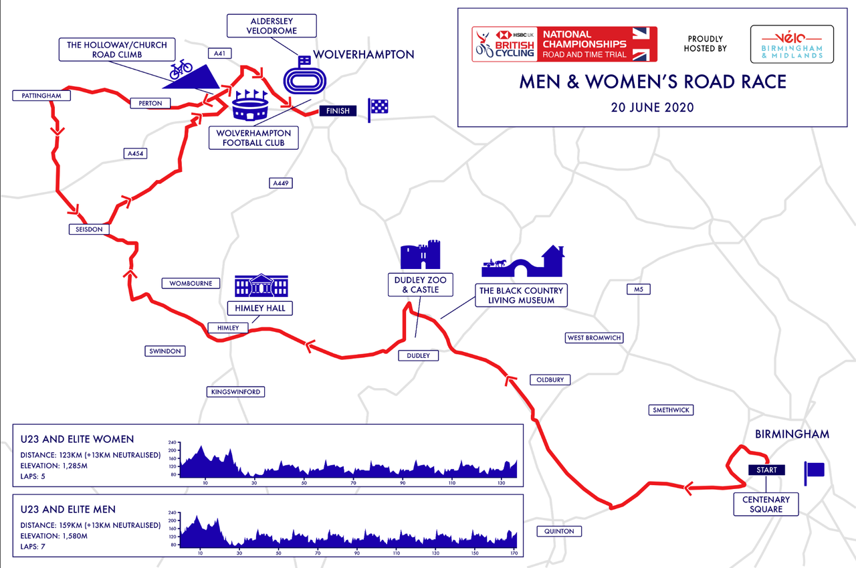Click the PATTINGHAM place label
click(x=41, y=96)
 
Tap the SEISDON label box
click(x=88, y=229)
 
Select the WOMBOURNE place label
click(x=191, y=283)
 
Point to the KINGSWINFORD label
click(x=235, y=391)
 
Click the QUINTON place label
click(x=559, y=531)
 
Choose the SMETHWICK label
click(x=671, y=410)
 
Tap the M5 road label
click(x=638, y=290)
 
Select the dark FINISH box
click(x=338, y=111)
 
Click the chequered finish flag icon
click(x=378, y=109)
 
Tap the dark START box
click(x=766, y=470)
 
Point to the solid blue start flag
click(x=815, y=470)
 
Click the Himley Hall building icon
click(x=261, y=286)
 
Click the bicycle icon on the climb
click(x=181, y=67)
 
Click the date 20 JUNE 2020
click(x=652, y=107)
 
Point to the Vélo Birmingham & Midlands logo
click(x=792, y=44)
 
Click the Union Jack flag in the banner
click(x=644, y=44)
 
